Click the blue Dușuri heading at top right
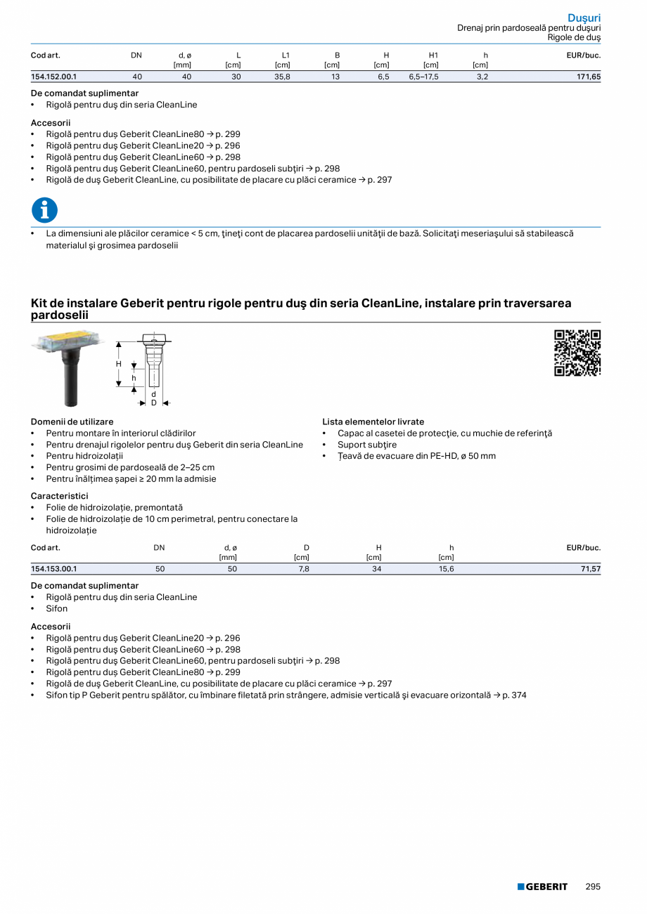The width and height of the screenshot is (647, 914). point(584,18)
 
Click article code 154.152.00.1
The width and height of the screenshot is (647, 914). point(54,77)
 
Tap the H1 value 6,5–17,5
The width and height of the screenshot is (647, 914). point(423,77)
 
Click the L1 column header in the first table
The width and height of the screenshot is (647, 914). point(286,55)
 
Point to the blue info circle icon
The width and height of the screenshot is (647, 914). point(45,210)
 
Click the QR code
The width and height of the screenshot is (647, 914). point(577,353)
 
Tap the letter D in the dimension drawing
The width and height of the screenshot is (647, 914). point(153,403)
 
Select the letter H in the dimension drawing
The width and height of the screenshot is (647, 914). point(120,364)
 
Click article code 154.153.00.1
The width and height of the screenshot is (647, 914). point(54,569)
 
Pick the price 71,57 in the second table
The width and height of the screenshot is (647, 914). point(590,569)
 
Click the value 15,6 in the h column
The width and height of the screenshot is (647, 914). point(447,569)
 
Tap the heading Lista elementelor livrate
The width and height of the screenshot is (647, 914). point(373,422)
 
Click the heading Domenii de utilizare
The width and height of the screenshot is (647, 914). point(72,422)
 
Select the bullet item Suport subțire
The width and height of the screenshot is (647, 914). point(366,445)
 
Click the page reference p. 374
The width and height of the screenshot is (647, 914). point(514,695)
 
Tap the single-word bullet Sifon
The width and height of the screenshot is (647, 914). point(57,608)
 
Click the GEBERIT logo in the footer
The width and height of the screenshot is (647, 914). point(542,887)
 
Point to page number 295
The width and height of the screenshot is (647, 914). point(593,887)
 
